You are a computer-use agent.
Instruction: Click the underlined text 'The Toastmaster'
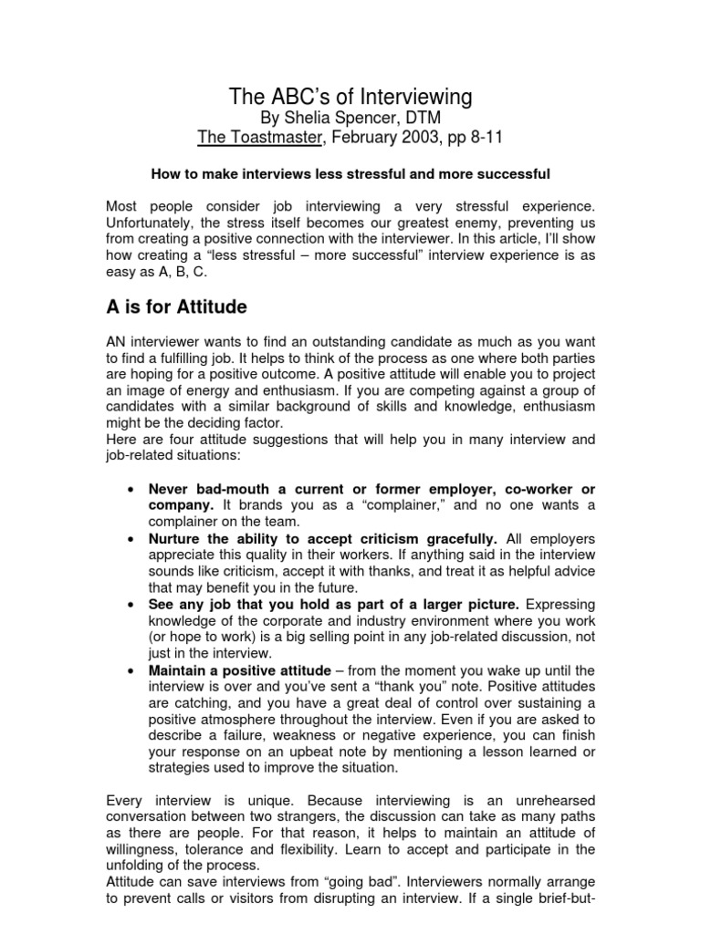pos(252,138)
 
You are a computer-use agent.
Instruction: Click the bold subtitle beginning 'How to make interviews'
pos(350,172)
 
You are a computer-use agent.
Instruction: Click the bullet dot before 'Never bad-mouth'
pos(132,490)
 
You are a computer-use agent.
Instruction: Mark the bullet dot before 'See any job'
pos(132,604)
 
